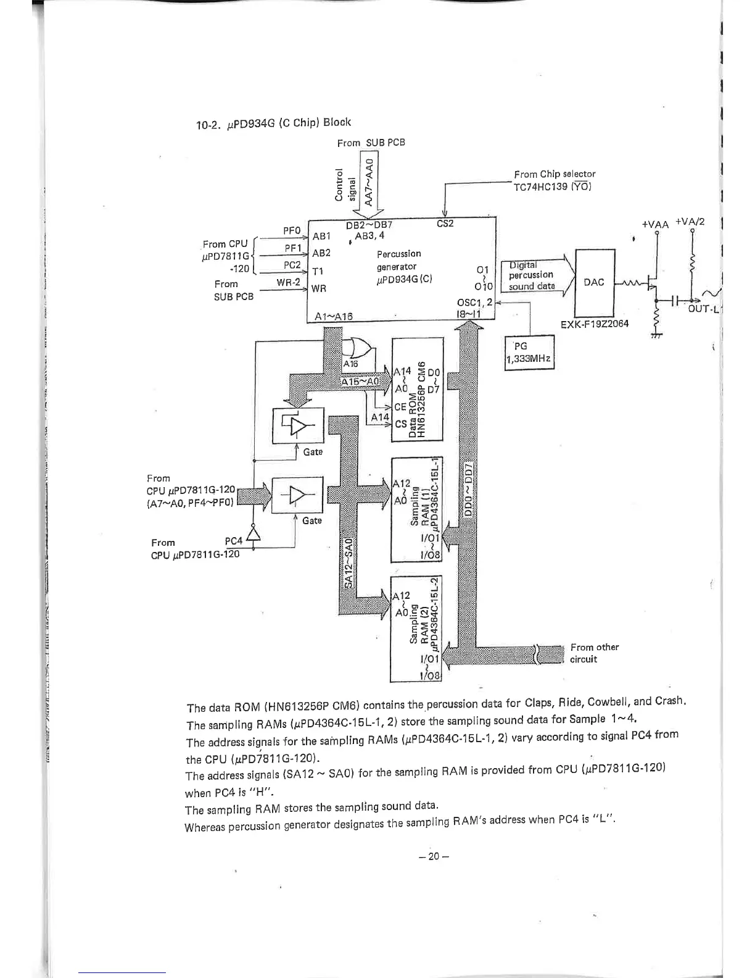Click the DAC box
click(594, 282)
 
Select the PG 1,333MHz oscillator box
click(529, 353)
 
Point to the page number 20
click(433, 856)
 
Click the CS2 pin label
click(445, 224)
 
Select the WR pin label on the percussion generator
click(319, 288)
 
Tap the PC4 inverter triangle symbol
click(252, 534)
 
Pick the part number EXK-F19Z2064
click(595, 324)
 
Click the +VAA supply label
click(655, 225)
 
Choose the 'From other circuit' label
click(593, 653)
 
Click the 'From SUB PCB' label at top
click(371, 143)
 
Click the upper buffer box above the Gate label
click(297, 425)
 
